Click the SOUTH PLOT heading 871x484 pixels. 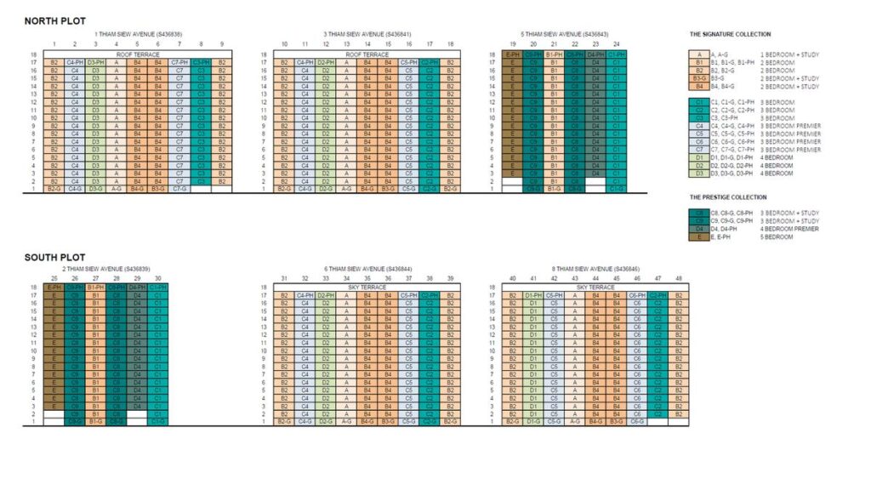click(54, 257)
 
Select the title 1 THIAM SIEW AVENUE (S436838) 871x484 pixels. click(137, 33)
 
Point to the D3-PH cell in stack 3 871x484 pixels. click(95, 62)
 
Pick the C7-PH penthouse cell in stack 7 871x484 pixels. click(179, 62)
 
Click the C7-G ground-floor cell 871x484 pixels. click(179, 189)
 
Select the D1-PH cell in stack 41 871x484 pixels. click(533, 295)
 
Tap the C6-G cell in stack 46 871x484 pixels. click(637, 421)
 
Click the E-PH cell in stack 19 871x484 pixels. click(512, 54)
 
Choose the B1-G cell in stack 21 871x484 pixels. click(554, 189)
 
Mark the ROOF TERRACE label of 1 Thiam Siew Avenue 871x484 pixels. click(137, 54)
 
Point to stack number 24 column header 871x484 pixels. click(616, 44)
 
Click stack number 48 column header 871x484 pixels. click(678, 278)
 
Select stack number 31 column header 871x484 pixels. click(283, 278)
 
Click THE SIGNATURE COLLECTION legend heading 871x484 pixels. click(730, 35)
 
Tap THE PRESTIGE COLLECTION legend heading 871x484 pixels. click(728, 197)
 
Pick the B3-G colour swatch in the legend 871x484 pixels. click(699, 77)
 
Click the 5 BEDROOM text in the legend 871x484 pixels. click(775, 236)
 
